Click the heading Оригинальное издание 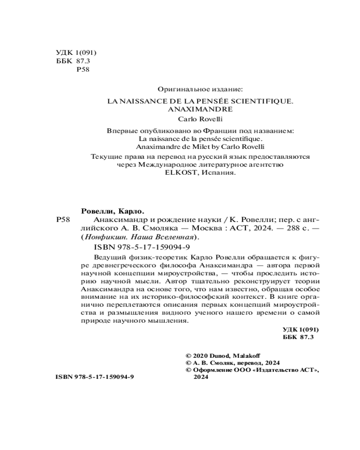click(x=200, y=90)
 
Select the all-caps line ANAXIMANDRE click(x=200, y=109)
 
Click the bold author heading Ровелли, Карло click(x=115, y=211)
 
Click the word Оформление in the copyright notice click(x=216, y=370)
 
